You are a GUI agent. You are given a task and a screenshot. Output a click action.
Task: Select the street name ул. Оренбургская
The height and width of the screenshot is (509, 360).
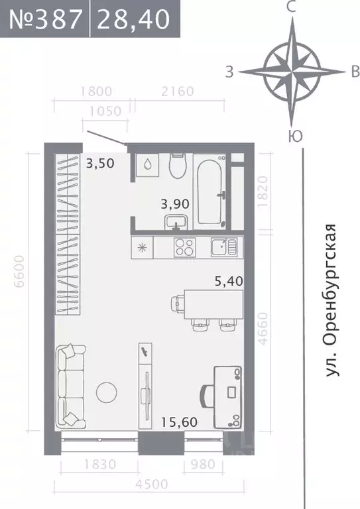[x=331, y=301]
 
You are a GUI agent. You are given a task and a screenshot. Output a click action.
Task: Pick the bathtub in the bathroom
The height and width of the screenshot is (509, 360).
[x=211, y=191]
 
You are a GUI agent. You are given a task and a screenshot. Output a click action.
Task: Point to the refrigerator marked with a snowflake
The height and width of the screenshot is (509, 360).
[x=142, y=248]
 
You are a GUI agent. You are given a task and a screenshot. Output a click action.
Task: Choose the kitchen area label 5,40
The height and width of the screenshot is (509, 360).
[x=229, y=281]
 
